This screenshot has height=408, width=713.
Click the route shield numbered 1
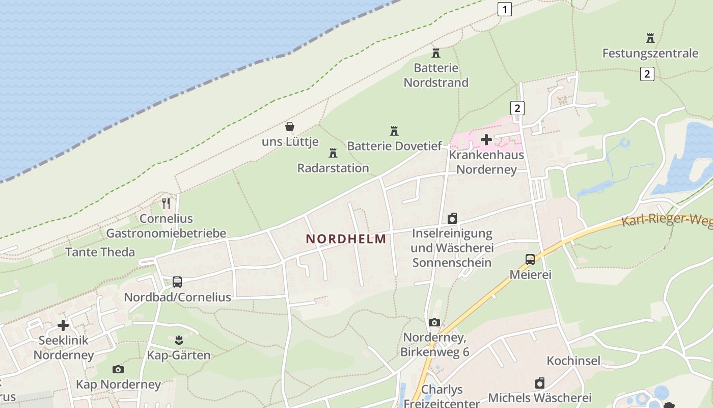504,9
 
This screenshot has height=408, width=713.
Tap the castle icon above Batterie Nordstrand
436,52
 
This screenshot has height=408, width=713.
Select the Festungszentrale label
650,53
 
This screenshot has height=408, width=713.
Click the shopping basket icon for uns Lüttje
290,126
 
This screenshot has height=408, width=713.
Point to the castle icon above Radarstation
333,152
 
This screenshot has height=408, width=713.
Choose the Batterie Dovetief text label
394,146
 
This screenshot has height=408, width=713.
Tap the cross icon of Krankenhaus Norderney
486,139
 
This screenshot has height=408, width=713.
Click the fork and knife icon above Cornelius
166,203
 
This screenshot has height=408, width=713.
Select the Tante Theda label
100,252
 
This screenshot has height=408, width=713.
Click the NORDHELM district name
346,239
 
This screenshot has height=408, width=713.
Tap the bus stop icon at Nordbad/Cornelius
177,282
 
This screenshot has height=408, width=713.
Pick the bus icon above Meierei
530,259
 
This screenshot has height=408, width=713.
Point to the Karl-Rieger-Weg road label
667,220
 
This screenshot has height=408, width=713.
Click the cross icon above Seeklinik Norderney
63,325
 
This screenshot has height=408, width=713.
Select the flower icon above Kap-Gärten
178,339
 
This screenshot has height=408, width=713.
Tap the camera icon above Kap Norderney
118,369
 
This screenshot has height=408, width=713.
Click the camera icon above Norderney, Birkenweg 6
434,322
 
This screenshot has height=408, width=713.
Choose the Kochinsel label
573,361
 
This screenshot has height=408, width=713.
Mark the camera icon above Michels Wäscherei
540,382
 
